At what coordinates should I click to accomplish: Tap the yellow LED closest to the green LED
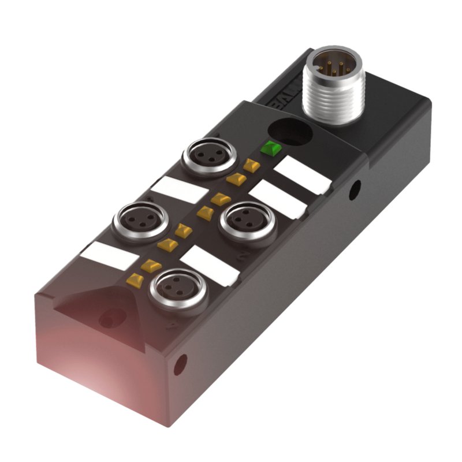tap(251, 166)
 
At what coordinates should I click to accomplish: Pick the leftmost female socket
tap(133, 221)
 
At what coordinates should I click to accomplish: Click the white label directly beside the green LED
tap(301, 175)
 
